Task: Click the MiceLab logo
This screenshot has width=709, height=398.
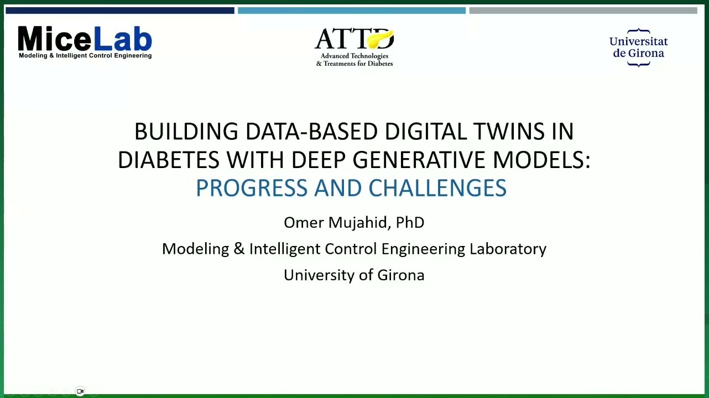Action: point(85,43)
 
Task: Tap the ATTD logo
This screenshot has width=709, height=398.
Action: point(354,48)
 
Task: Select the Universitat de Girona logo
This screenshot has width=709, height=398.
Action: point(638,48)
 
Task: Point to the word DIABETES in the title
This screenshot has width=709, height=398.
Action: point(169,160)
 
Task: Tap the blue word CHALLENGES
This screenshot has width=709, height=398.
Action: point(437,188)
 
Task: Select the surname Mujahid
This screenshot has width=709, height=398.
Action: point(358,223)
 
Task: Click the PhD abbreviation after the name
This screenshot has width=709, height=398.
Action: point(410,222)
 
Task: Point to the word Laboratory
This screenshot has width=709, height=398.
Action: point(508,249)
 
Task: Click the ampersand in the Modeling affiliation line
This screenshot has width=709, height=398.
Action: point(239,249)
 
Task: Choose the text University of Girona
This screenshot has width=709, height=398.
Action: point(354,275)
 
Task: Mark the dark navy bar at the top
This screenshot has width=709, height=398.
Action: point(120,11)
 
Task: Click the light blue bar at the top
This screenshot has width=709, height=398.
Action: point(352,11)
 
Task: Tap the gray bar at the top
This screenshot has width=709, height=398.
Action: point(583,11)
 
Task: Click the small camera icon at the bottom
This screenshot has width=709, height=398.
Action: point(80,391)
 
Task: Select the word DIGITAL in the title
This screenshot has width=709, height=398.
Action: point(426,132)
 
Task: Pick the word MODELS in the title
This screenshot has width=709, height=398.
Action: point(539,160)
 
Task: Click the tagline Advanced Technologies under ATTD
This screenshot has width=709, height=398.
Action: point(354,56)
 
